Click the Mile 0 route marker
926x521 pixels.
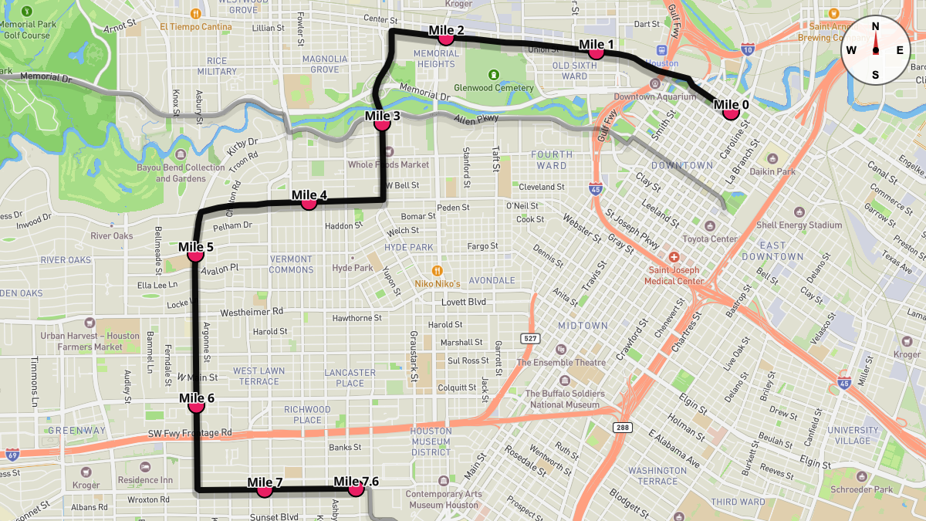coord(731,113)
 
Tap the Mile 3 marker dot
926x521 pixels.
coord(380,123)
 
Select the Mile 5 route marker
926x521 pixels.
coord(195,254)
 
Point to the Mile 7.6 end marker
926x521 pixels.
coord(356,489)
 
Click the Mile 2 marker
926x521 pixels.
coord(445,37)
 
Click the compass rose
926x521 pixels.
coord(875,50)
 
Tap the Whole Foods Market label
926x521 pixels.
coord(388,164)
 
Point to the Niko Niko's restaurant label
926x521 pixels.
coord(437,283)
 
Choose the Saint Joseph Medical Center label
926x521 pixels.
coord(674,276)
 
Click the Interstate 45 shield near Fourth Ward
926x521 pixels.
coord(595,188)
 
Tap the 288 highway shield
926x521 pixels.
coord(623,427)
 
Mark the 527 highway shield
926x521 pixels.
coord(529,339)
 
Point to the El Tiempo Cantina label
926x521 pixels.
coord(196,27)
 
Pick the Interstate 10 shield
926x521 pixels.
coord(747,49)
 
